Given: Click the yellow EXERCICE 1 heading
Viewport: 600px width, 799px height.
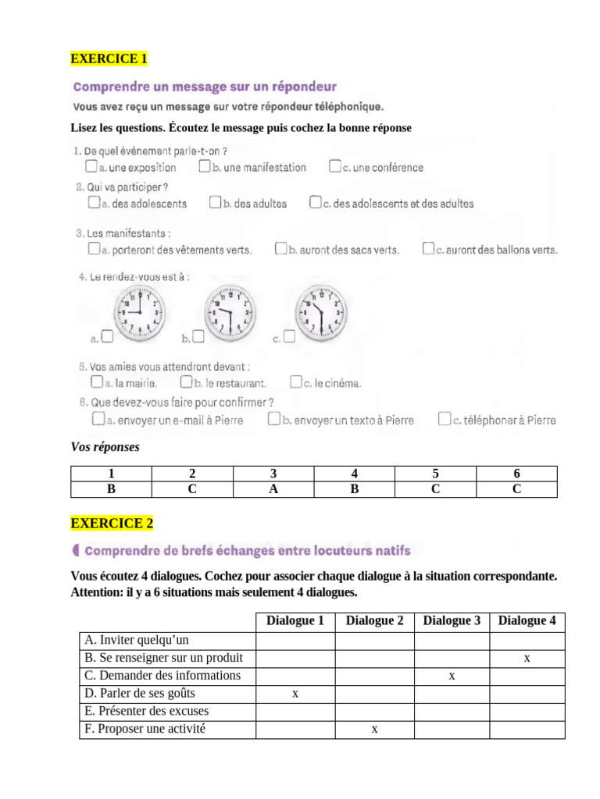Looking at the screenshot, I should pos(109,59).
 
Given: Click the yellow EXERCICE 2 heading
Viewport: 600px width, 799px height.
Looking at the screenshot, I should pos(109,523).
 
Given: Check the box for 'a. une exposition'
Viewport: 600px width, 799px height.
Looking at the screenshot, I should pos(91,167).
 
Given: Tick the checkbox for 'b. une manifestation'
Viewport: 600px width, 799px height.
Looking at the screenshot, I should pos(205,167).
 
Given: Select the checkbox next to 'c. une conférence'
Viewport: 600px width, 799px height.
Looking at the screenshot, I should pos(334,167).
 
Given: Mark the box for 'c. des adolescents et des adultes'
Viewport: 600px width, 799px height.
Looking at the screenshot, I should pos(315,203).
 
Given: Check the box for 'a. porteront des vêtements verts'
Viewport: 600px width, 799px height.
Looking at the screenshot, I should pos(94,249).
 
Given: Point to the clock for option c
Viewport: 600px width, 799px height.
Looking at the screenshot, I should pos(320,311).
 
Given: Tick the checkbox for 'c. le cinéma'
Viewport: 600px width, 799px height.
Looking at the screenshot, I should pos(295,382).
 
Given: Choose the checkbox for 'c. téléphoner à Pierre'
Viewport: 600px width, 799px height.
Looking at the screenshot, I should pos(445,420).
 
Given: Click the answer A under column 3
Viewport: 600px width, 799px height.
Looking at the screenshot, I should pos(273,489).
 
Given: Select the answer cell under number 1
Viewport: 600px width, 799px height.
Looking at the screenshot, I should pos(111,489).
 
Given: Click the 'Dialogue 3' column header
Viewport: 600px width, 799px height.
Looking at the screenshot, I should pos(452,621).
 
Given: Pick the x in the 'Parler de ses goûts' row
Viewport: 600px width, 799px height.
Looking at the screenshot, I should pos(295,693).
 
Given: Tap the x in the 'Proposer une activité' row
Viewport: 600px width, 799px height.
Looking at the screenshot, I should pos(374,729).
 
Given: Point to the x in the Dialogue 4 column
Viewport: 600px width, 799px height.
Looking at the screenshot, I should pos(527,658).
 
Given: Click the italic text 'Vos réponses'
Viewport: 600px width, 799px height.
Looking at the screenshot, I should pos(105,447).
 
